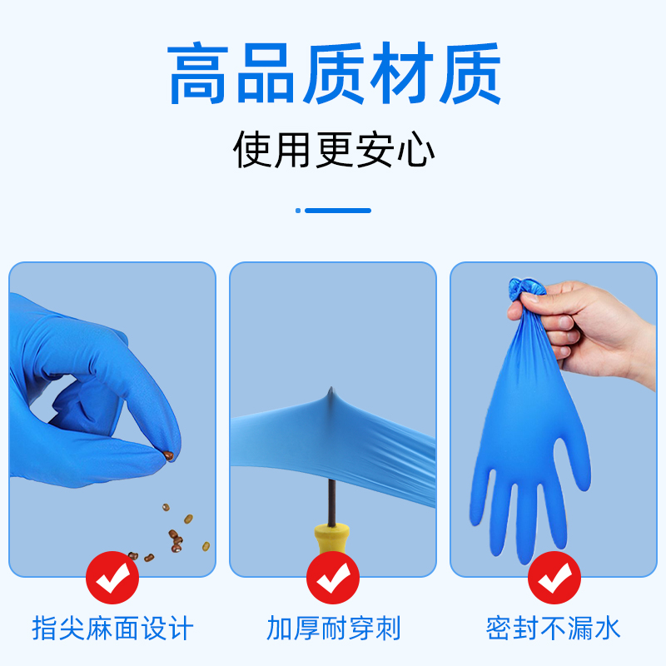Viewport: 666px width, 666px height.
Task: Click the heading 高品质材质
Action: click(x=333, y=75)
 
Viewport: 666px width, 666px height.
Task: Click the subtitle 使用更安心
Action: click(x=333, y=150)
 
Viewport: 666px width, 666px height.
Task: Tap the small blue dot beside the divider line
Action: click(x=298, y=211)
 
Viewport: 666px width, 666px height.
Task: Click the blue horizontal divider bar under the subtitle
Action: click(x=338, y=211)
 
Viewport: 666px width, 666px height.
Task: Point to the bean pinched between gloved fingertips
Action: click(x=169, y=455)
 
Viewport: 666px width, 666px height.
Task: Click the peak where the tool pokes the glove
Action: click(x=331, y=394)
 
